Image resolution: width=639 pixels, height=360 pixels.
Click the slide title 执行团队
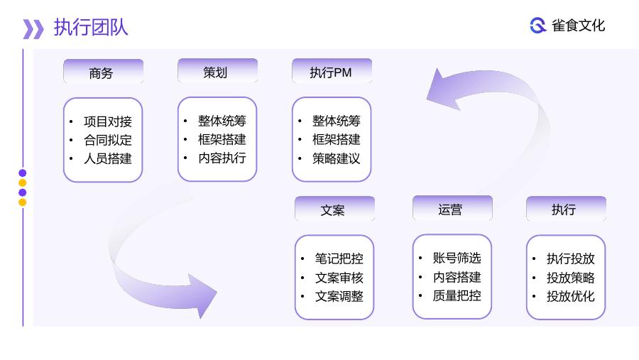(91, 28)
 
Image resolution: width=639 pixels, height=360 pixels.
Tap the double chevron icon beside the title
(33, 29)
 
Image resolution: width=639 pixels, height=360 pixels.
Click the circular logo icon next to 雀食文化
(538, 26)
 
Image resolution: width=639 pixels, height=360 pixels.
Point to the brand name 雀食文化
(578, 26)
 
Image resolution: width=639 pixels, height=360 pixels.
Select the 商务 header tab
(104, 71)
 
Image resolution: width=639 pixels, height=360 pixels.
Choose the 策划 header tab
(218, 71)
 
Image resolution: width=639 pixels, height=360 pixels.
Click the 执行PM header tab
(332, 71)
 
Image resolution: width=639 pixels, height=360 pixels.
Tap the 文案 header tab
(334, 209)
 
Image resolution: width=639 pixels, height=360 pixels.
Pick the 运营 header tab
(452, 208)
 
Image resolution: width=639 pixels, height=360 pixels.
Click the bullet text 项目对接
(108, 121)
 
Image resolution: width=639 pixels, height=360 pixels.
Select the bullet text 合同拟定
(108, 140)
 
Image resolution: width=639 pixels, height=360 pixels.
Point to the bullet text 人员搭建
(108, 158)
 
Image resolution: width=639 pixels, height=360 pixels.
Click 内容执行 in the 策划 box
(222, 158)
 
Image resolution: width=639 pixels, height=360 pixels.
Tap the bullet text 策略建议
(337, 158)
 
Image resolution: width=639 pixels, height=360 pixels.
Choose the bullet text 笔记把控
(339, 258)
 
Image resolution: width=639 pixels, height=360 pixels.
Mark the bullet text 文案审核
(339, 278)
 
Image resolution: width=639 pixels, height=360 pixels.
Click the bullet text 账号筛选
(457, 258)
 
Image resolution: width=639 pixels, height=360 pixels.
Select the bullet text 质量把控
(457, 295)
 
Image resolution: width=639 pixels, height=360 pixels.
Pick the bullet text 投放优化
(571, 296)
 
